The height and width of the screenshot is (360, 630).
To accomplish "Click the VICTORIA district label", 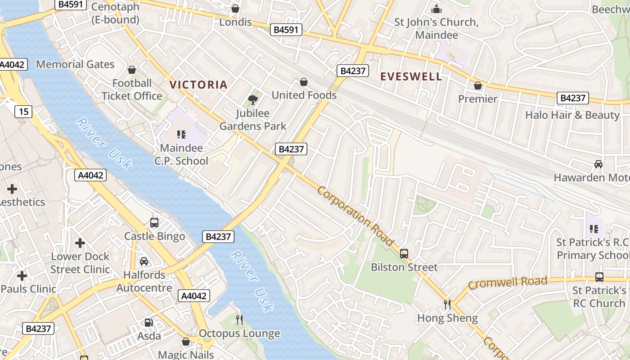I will (198, 85).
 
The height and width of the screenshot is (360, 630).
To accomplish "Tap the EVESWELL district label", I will (411, 76).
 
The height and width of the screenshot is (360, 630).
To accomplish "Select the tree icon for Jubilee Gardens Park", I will (253, 99).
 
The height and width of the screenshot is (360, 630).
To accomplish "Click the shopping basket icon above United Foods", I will (304, 82).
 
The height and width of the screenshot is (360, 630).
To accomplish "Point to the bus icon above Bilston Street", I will (404, 254).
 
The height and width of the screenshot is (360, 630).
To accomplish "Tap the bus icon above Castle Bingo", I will (154, 223).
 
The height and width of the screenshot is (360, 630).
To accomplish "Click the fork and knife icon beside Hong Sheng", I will (447, 305).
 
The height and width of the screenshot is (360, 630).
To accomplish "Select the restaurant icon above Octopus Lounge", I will (239, 320).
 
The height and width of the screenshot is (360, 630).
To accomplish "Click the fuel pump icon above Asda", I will (148, 322).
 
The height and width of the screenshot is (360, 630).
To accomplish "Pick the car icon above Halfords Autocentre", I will (144, 261).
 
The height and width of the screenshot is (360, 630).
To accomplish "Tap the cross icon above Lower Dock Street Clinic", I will (80, 243).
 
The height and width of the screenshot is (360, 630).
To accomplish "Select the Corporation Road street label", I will (355, 216).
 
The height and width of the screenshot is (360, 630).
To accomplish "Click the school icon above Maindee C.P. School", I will (181, 134).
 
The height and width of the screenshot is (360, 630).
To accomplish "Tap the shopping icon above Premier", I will (478, 85).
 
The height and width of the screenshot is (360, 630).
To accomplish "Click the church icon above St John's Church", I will (436, 9).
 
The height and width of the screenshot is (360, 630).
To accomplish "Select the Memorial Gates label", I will (75, 64).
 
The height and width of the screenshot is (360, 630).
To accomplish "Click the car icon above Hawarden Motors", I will (598, 164).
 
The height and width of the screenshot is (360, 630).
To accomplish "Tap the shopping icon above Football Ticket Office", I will (132, 70).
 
